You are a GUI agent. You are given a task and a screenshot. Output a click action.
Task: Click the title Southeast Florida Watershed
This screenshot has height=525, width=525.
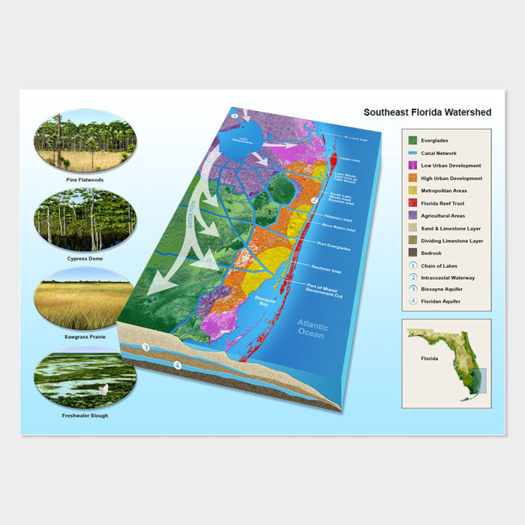point(427,112)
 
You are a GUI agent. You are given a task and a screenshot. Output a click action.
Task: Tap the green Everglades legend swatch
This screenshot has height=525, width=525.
point(413,140)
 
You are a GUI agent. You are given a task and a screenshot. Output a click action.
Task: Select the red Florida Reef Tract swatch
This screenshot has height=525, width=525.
point(413,202)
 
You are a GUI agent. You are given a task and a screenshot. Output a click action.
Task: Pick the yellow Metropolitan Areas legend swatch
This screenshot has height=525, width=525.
point(413,190)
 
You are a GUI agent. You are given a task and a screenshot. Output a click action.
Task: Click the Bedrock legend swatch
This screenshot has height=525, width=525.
point(413,253)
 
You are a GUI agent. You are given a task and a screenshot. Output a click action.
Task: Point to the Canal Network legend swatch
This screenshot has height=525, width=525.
point(413,153)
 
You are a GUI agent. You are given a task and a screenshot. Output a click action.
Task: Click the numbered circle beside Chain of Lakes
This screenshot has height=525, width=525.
point(413,265)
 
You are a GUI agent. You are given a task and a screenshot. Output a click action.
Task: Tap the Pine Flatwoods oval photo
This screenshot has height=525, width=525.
point(84,141)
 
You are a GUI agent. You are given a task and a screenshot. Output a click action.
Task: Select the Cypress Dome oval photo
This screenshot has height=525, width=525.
point(84,219)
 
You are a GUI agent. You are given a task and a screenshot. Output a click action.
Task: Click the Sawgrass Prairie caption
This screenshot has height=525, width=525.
point(84,337)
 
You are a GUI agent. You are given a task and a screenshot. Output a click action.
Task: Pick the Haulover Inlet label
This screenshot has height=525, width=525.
point(327,268)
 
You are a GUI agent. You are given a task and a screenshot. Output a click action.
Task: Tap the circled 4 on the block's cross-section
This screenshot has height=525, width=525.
point(177,365)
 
